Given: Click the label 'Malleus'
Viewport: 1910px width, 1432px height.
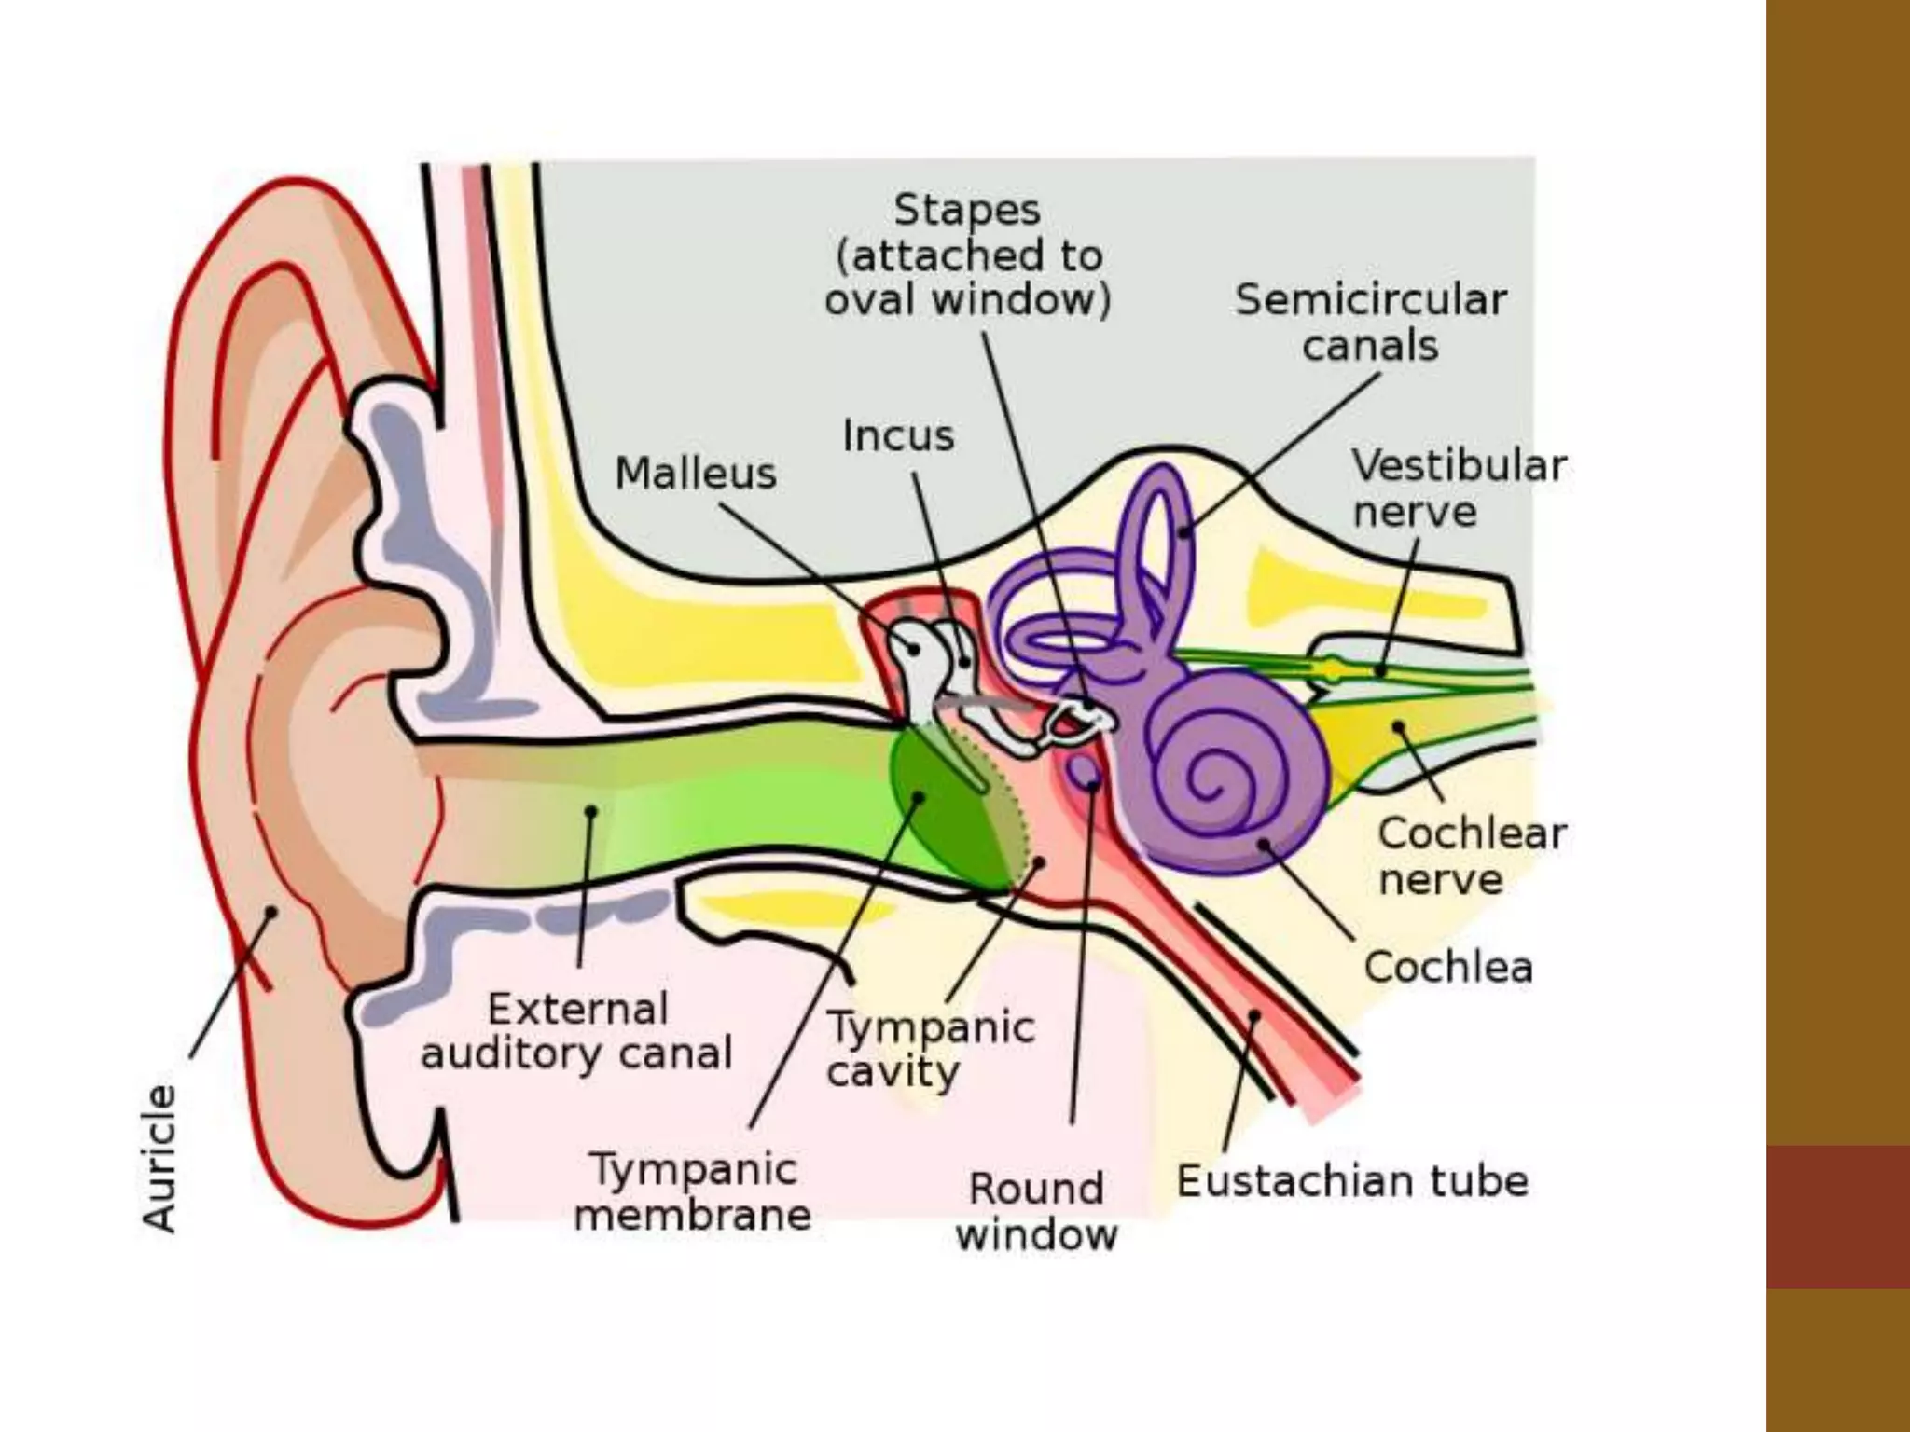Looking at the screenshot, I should [x=696, y=474].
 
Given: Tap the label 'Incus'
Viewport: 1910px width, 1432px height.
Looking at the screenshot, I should [x=898, y=436].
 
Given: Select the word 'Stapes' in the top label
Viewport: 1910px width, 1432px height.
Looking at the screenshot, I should [x=967, y=210].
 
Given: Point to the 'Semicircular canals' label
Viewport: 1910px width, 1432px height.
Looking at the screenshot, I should [x=1370, y=323].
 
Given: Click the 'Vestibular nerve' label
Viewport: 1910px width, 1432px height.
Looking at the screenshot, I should [x=1459, y=488].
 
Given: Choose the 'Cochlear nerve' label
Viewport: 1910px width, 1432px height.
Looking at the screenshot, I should [x=1471, y=856].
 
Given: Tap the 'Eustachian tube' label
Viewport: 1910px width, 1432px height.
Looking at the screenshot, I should [x=1352, y=1181].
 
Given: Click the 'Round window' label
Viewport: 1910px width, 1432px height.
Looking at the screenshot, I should [x=1036, y=1211].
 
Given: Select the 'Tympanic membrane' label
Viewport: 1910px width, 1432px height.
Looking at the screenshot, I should [x=692, y=1191].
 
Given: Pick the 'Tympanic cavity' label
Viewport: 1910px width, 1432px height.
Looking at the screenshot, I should [x=930, y=1049].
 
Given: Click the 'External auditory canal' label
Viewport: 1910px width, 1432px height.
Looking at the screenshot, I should [x=577, y=1031].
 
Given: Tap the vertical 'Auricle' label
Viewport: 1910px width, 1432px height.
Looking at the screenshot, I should [x=159, y=1158].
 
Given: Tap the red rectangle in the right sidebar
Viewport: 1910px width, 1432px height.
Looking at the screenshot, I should [x=1837, y=1217].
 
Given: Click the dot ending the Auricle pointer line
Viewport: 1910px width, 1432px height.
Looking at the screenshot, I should [x=272, y=911].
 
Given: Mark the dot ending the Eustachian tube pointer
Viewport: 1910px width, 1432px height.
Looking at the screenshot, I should [x=1254, y=1015].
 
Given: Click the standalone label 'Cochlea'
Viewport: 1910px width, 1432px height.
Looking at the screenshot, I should [x=1447, y=967].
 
